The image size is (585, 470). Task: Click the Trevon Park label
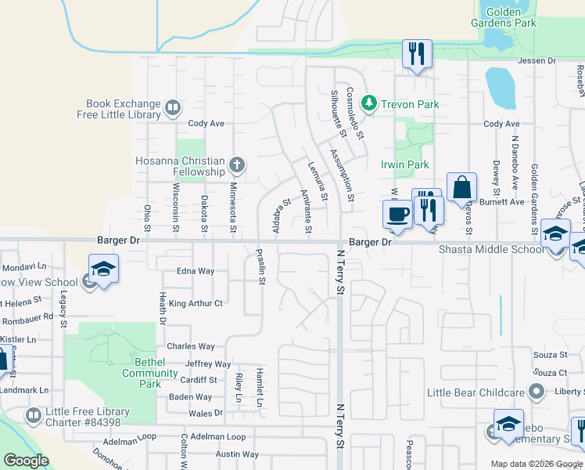point(409,104)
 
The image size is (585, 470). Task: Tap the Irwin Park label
point(404,165)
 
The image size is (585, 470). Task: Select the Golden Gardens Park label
point(511,17)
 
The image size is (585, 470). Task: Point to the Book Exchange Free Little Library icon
point(173,107)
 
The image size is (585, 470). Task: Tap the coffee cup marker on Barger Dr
point(397,214)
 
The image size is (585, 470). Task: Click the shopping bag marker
point(462,188)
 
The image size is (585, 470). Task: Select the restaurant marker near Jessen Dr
point(416,54)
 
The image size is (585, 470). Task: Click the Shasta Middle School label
point(490,249)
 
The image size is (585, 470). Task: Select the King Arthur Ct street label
point(196,303)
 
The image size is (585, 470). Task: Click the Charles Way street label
point(190,346)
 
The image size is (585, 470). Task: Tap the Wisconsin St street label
point(176,208)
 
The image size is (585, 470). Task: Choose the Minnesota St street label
point(232,207)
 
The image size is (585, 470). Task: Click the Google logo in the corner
point(26,461)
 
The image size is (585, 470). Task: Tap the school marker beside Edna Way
point(103,269)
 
